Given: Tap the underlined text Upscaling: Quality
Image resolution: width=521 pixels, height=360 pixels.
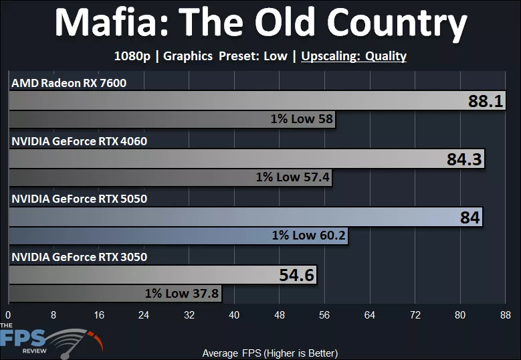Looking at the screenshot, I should pyautogui.click(x=354, y=56).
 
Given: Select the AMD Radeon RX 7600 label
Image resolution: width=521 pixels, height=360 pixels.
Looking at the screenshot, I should pyautogui.click(x=69, y=83).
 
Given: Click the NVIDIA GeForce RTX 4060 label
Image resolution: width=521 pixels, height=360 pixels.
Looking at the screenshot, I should pyautogui.click(x=79, y=141).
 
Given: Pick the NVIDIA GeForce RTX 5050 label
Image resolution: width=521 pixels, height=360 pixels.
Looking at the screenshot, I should pyautogui.click(x=79, y=199).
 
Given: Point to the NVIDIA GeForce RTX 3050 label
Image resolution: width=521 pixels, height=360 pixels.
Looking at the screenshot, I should pyautogui.click(x=79, y=256).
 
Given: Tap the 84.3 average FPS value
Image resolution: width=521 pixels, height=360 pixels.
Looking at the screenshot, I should pyautogui.click(x=463, y=159).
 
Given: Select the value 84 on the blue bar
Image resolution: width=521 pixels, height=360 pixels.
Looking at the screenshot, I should pyautogui.click(x=470, y=217).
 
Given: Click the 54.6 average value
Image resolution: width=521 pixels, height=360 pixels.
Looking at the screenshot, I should pyautogui.click(x=296, y=275).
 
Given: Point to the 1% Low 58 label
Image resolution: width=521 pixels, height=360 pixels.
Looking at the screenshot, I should pyautogui.click(x=301, y=120).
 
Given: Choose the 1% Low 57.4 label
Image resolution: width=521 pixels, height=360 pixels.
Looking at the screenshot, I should pyautogui.click(x=293, y=177).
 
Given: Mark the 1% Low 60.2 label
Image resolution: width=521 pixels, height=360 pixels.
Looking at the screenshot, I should pyautogui.click(x=309, y=236).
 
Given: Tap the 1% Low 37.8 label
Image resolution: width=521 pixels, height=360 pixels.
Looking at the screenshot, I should pyautogui.click(x=181, y=293).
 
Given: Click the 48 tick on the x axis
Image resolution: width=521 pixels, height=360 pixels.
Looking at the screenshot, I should pyautogui.click(x=280, y=314).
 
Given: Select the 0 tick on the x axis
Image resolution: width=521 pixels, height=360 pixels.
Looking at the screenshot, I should pyautogui.click(x=8, y=314).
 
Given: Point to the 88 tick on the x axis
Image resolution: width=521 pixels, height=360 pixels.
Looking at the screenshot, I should pyautogui.click(x=506, y=314).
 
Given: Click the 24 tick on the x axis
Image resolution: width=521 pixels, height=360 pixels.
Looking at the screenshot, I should pyautogui.click(x=144, y=314).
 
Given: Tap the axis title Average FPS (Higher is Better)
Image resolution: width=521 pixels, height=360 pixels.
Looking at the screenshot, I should pyautogui.click(x=270, y=353).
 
